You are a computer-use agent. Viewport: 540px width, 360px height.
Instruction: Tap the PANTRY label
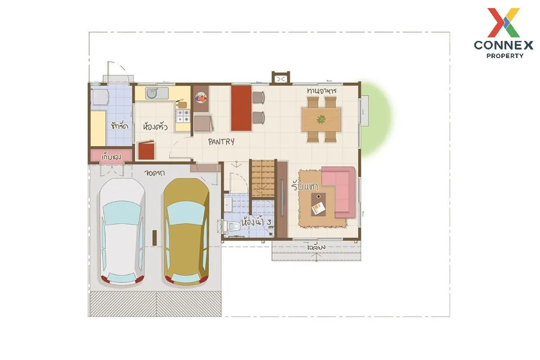(221, 142)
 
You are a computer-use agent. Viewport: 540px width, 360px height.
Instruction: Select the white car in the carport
(121, 233)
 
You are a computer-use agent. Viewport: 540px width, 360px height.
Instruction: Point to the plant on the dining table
(321, 119)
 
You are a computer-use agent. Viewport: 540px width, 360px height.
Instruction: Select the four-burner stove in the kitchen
(183, 116)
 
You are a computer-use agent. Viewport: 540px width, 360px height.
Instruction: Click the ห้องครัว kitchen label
(155, 127)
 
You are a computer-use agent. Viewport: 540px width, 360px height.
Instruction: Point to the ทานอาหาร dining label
(322, 91)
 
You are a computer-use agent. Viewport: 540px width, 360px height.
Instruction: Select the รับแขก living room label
(305, 186)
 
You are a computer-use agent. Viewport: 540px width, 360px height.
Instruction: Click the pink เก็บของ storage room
(111, 156)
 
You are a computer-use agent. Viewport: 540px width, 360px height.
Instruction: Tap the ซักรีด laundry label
(119, 126)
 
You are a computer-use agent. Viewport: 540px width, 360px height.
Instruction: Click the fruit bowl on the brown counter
(201, 97)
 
